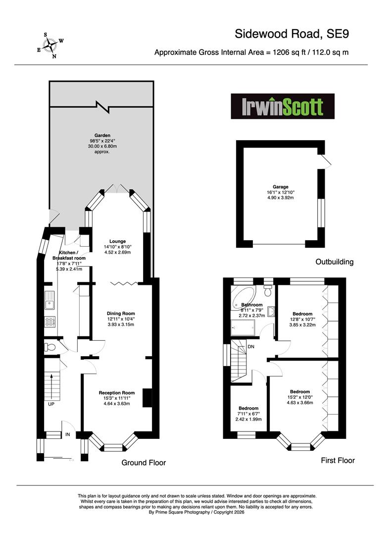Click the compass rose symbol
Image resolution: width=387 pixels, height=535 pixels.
(50, 45)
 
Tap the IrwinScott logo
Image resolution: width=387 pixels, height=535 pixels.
(283, 106)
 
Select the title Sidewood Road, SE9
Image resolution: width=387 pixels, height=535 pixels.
(291, 34)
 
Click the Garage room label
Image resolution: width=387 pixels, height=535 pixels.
(281, 187)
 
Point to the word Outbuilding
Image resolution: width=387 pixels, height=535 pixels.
(335, 262)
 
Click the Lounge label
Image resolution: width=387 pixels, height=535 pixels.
(118, 241)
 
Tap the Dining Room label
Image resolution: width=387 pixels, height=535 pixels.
(121, 313)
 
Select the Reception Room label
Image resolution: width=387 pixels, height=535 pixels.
(117, 393)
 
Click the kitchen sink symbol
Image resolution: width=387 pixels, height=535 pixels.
(50, 300)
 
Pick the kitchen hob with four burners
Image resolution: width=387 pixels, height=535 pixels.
(50, 321)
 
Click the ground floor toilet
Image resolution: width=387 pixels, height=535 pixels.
(50, 347)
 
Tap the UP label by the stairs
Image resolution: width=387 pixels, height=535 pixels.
(51, 404)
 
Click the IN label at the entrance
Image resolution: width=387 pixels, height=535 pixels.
(68, 434)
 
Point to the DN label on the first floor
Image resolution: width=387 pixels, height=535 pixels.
(251, 347)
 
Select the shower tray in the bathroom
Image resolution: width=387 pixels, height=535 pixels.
(243, 328)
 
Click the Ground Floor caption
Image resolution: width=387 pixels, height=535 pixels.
(144, 463)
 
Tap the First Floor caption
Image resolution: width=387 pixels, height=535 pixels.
(338, 460)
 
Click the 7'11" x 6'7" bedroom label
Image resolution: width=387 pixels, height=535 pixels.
(248, 414)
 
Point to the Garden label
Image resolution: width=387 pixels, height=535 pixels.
(102, 135)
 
